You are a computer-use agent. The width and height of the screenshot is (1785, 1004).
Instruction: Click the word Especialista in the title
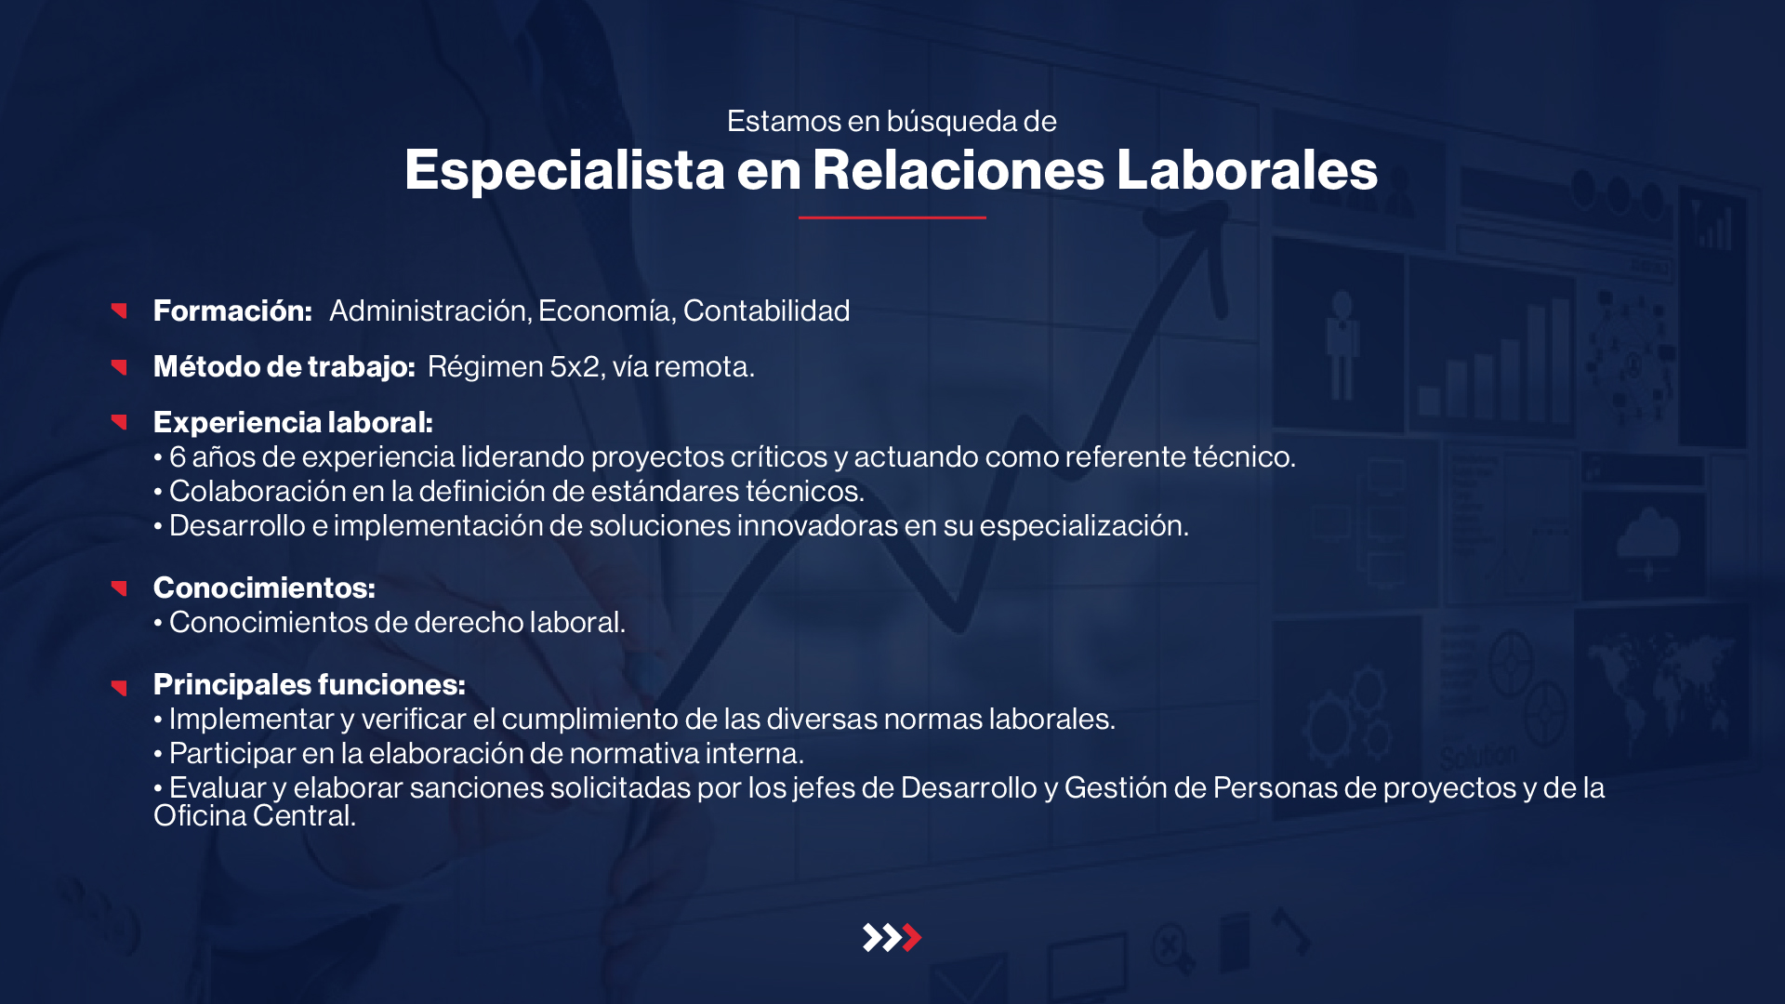point(564,171)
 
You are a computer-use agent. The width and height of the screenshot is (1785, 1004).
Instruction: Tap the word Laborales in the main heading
point(1247,169)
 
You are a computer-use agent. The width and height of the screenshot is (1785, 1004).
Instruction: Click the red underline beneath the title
point(892,218)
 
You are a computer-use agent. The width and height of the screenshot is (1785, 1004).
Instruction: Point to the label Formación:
point(232,310)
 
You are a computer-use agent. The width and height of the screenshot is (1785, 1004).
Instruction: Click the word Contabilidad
point(766,310)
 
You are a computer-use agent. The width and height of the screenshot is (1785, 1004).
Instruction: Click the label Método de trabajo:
point(284,366)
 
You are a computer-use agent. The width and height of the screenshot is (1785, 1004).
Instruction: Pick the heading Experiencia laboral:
point(293,423)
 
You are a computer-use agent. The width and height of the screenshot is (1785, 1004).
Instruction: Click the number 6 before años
point(178,456)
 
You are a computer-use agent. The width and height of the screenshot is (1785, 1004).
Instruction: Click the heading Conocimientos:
point(264,588)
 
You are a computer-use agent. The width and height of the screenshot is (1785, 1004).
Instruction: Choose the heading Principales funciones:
point(310,685)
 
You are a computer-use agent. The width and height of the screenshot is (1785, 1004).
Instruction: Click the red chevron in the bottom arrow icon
point(912,937)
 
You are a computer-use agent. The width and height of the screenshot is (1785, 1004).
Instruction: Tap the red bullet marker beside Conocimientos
point(119,588)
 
